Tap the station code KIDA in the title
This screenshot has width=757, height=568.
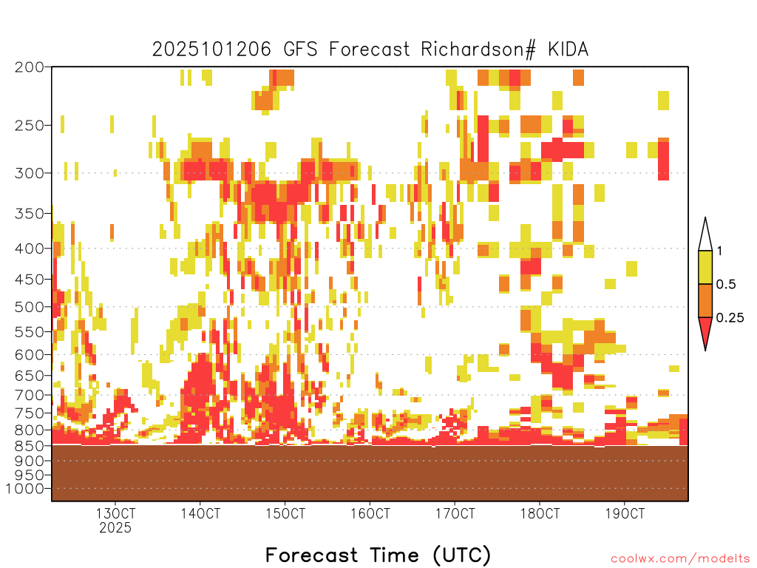[568, 50]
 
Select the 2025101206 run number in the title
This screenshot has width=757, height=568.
[211, 50]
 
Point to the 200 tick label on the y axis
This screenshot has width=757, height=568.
[29, 67]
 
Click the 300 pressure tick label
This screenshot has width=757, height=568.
[29, 173]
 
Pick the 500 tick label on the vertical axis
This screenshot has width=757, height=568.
[29, 307]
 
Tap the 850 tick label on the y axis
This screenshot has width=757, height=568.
[29, 445]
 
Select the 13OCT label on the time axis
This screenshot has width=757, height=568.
[115, 513]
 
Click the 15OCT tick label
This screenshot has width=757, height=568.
[285, 513]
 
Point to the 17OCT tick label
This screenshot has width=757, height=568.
[455, 513]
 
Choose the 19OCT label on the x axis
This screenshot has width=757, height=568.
[625, 513]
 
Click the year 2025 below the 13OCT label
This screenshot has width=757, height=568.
[115, 527]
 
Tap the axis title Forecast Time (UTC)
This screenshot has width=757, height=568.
[378, 555]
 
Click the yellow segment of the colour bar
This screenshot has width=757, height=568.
[705, 267]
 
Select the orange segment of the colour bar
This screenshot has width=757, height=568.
[705, 300]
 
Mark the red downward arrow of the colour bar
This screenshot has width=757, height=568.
[705, 331]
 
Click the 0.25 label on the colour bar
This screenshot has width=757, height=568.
[730, 318]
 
